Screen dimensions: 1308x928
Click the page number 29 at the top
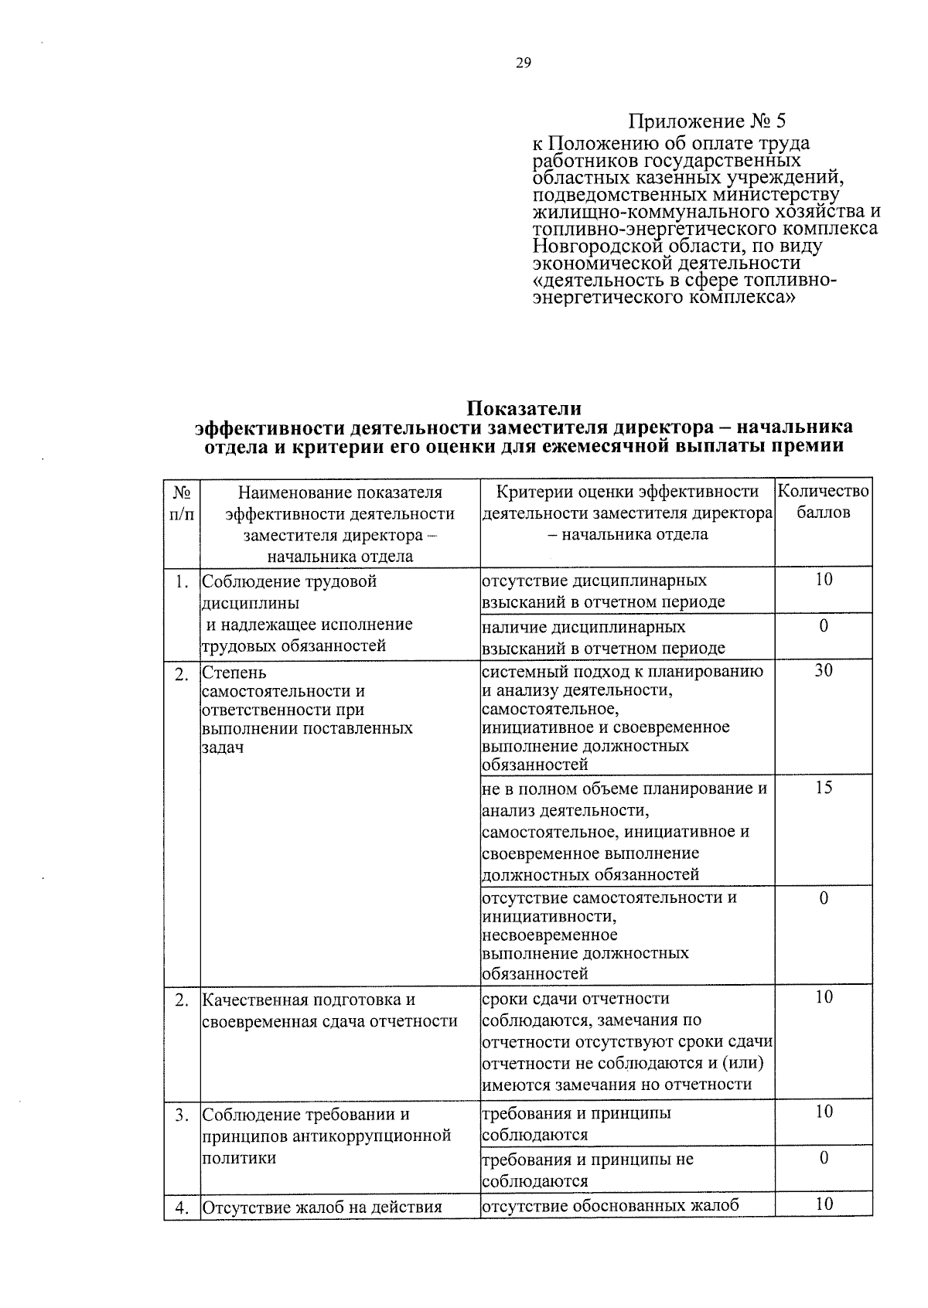(523, 63)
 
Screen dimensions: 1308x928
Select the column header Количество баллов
(823, 502)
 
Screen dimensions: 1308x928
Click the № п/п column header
(182, 502)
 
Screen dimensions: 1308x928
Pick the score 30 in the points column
(824, 670)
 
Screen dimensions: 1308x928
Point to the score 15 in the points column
(824, 788)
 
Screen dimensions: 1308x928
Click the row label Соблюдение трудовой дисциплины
(289, 591)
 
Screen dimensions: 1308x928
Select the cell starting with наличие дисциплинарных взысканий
(603, 637)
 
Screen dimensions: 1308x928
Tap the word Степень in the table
(234, 673)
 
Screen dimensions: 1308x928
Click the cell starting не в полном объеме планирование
(624, 831)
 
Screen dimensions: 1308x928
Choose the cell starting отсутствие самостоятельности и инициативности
(609, 935)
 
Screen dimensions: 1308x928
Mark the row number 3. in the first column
(182, 1115)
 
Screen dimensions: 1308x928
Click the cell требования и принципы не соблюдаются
(588, 1170)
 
